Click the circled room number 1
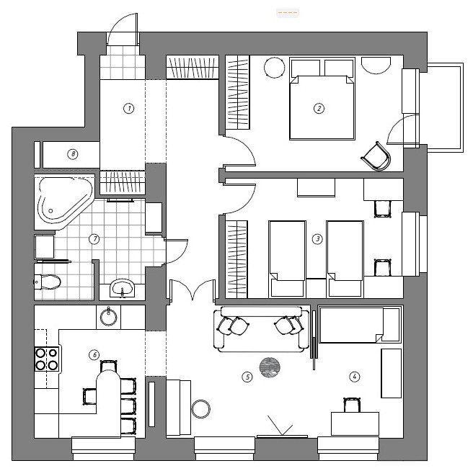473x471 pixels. [x=129, y=108]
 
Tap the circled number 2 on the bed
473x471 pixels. [x=319, y=108]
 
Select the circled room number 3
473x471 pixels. [x=317, y=239]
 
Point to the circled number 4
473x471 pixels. [x=355, y=377]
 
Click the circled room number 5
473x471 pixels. [x=247, y=377]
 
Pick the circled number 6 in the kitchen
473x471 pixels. [x=94, y=354]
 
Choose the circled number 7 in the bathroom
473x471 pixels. [x=94, y=239]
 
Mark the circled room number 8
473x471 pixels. [x=73, y=154]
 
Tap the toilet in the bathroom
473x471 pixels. [x=48, y=282]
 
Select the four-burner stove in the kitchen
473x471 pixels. [x=47, y=359]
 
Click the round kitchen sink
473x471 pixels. [x=108, y=318]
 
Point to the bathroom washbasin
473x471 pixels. [x=122, y=287]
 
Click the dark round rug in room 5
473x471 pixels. [x=270, y=367]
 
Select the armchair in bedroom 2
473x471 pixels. [x=376, y=156]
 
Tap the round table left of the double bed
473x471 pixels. [x=274, y=68]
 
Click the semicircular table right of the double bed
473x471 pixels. [x=376, y=66]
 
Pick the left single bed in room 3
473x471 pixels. [x=287, y=259]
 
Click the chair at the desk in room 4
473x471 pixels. [x=352, y=405]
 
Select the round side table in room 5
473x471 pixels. [x=201, y=409]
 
